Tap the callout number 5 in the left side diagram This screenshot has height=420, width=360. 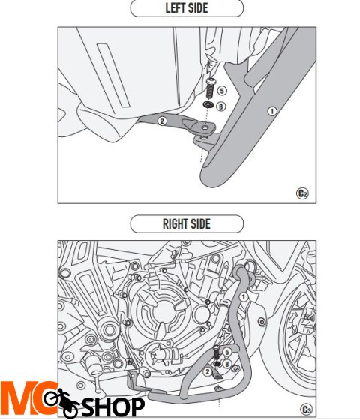pyautogui.click(x=222, y=91)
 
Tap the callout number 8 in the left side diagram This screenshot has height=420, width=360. pyautogui.click(x=221, y=106)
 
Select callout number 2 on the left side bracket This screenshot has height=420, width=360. pyautogui.click(x=162, y=121)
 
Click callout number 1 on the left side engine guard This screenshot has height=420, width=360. pyautogui.click(x=272, y=111)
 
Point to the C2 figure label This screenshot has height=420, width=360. pyautogui.click(x=302, y=193)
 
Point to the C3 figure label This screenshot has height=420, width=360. pyautogui.click(x=306, y=409)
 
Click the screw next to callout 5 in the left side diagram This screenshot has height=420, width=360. pyautogui.click(x=210, y=88)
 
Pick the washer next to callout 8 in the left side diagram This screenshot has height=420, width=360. pyautogui.click(x=207, y=104)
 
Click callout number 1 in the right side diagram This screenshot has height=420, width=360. pyautogui.click(x=243, y=296)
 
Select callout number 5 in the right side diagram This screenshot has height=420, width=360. pyautogui.click(x=227, y=352)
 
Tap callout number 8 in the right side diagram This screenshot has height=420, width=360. pyautogui.click(x=227, y=364)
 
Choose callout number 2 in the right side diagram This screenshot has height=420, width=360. pyautogui.click(x=207, y=371)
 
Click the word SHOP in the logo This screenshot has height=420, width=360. pyautogui.click(x=113, y=407)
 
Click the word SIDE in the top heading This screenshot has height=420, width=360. pyautogui.click(x=198, y=8)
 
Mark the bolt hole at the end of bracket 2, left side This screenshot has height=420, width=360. pyautogui.click(x=205, y=127)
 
